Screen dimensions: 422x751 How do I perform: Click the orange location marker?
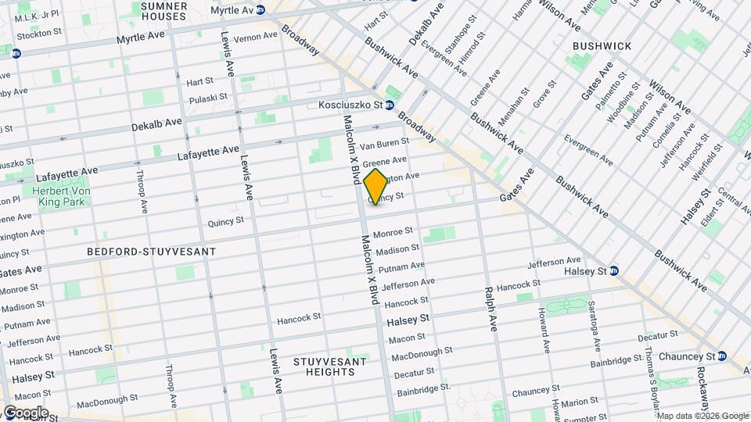375,187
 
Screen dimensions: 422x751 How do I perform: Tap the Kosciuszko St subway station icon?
389,105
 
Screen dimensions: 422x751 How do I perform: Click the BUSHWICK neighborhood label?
602,46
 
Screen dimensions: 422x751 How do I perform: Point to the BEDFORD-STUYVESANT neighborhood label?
151,252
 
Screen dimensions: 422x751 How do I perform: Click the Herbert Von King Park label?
60,196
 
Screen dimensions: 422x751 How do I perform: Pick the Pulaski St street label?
207,98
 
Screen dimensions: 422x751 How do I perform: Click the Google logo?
26,413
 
